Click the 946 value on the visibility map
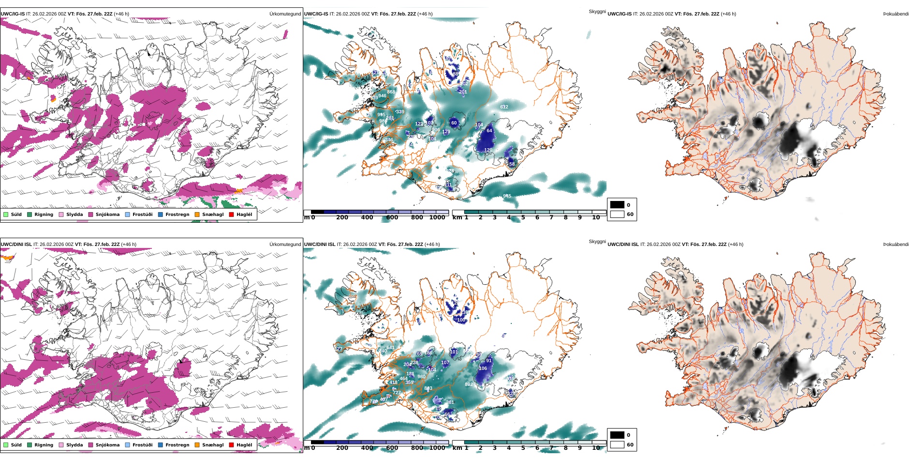point(382,96)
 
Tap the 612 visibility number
point(504,107)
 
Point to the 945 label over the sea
point(507,196)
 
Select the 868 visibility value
point(391,92)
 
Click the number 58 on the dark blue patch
point(512,164)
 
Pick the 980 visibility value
point(421,377)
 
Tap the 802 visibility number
point(469,384)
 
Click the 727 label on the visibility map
point(397,393)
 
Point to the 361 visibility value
point(450,402)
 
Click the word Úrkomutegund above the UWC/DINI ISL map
point(285,245)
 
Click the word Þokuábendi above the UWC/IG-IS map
point(896,14)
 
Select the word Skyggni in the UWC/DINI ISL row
point(597,242)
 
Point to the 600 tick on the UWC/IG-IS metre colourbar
point(392,217)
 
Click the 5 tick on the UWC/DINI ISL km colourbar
point(523,448)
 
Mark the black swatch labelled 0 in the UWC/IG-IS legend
point(617,205)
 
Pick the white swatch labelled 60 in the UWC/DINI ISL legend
point(617,445)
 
